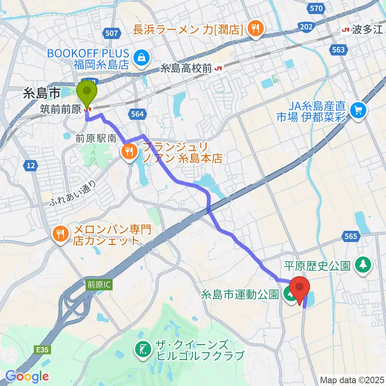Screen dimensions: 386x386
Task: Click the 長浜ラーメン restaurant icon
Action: click(255, 29)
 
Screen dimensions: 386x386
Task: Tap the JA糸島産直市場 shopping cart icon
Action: click(357, 110)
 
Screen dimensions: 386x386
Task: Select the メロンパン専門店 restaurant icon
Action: click(60, 234)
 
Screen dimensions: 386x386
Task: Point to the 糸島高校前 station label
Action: click(187, 69)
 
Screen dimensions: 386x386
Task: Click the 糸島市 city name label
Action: click(42, 94)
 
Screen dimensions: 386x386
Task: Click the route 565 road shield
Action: click(351, 236)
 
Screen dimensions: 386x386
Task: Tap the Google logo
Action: click(27, 377)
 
